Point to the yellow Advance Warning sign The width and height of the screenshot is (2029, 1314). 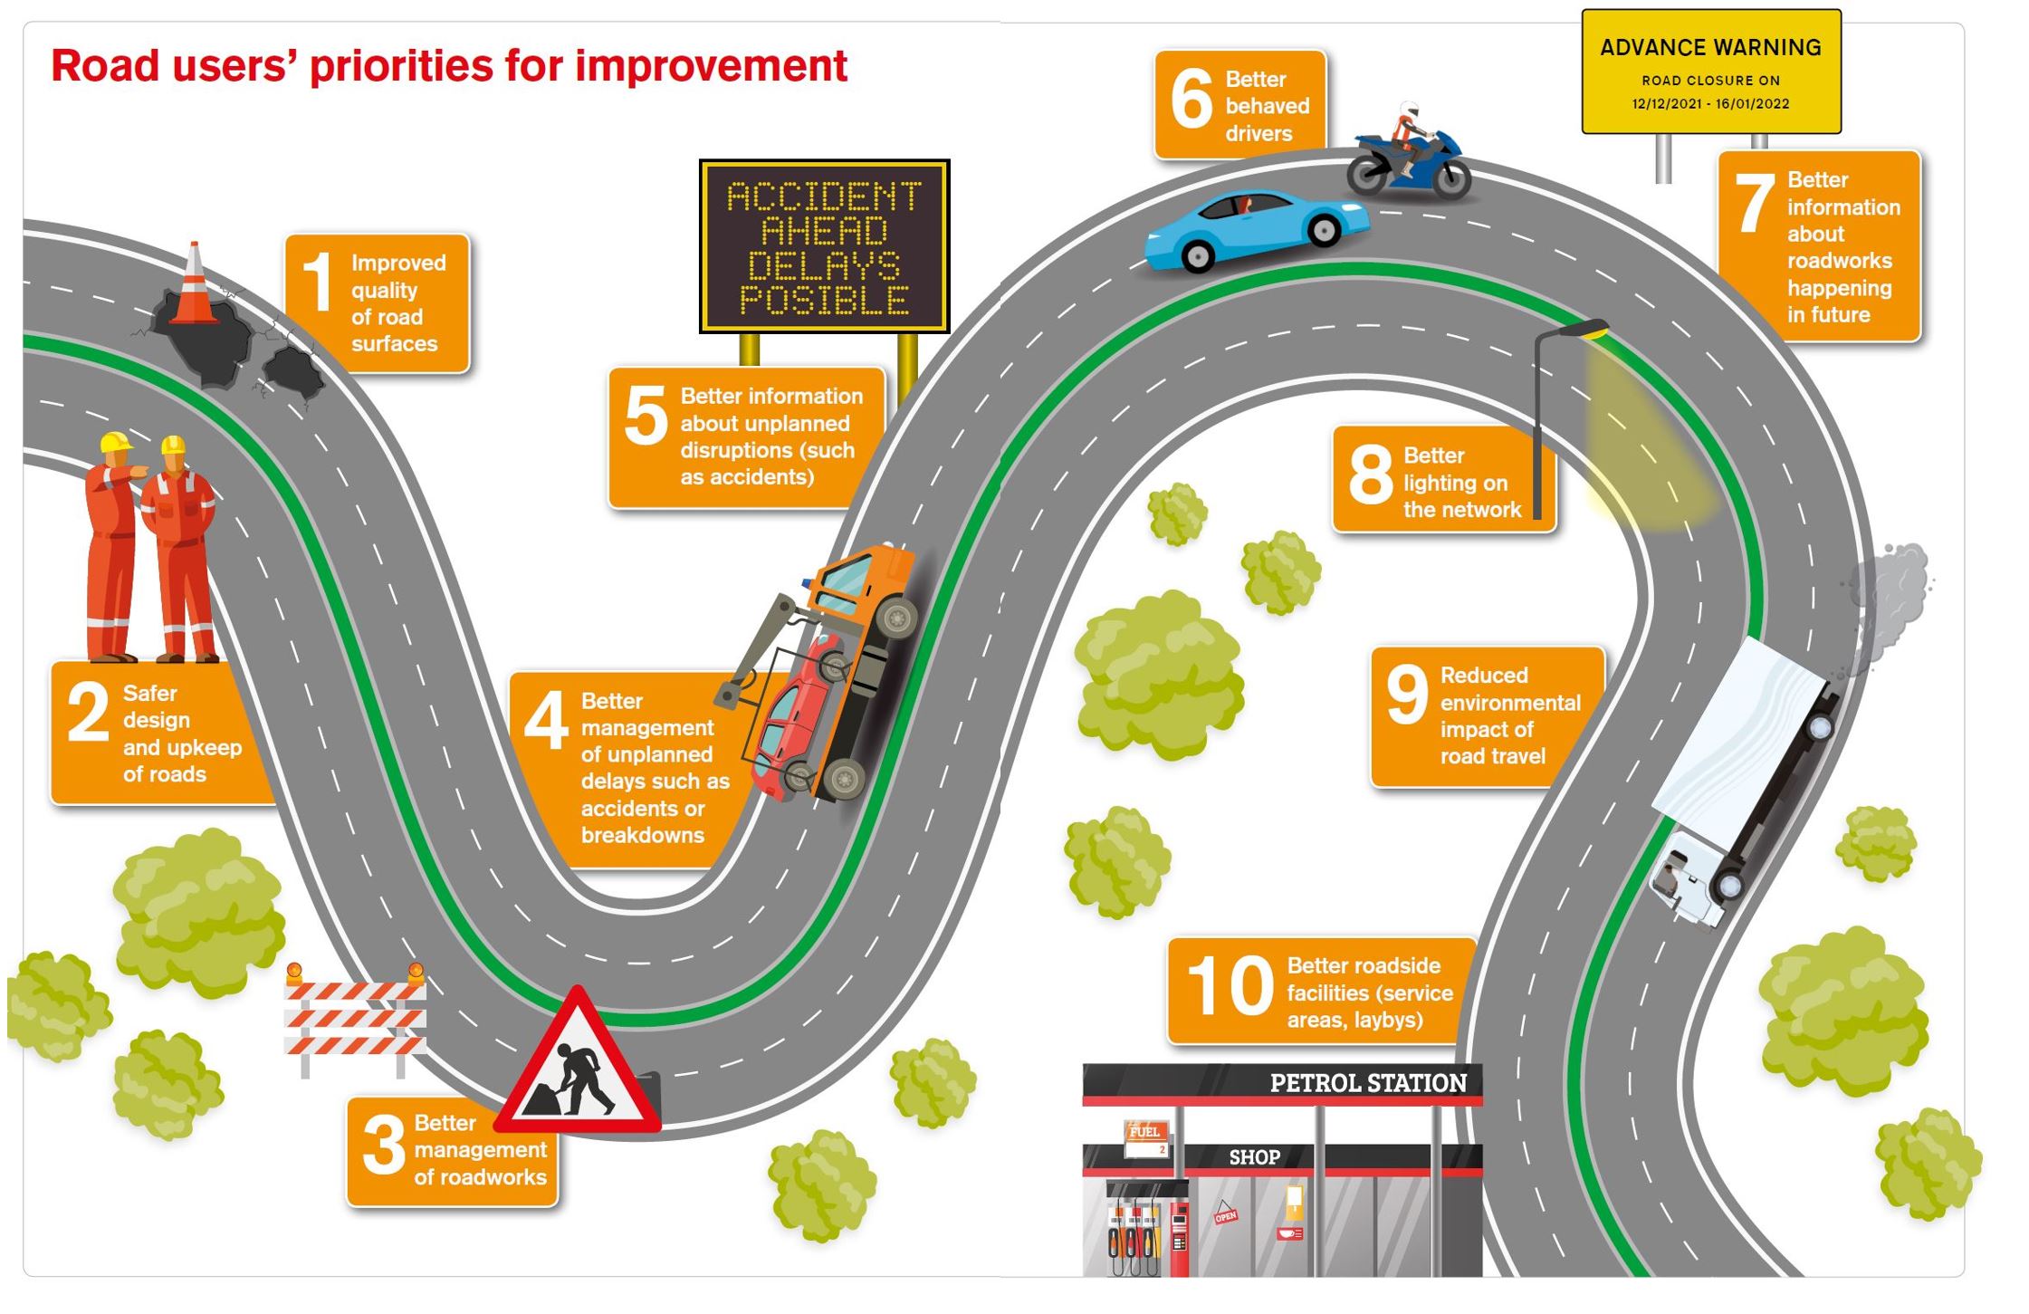[x=1710, y=72]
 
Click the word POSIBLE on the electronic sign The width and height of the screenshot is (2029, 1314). [x=824, y=301]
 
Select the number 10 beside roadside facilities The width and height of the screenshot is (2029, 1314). [x=1230, y=986]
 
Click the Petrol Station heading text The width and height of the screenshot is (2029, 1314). [x=1367, y=1083]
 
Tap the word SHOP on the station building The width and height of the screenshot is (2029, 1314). [x=1254, y=1157]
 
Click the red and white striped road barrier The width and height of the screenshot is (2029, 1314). [x=355, y=1019]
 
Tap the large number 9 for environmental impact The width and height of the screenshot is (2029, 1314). [x=1406, y=695]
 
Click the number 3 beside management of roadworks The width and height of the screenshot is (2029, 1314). [x=383, y=1146]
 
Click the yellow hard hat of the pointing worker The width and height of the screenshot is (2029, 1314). [x=114, y=443]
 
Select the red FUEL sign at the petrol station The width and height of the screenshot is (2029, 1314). [x=1144, y=1132]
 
